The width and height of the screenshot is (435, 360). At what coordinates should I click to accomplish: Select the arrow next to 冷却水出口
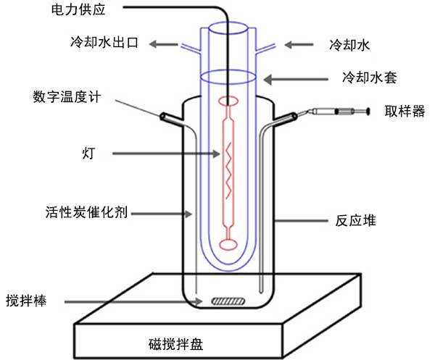[166, 45]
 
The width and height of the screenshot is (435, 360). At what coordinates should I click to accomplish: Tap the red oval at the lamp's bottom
[228, 245]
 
